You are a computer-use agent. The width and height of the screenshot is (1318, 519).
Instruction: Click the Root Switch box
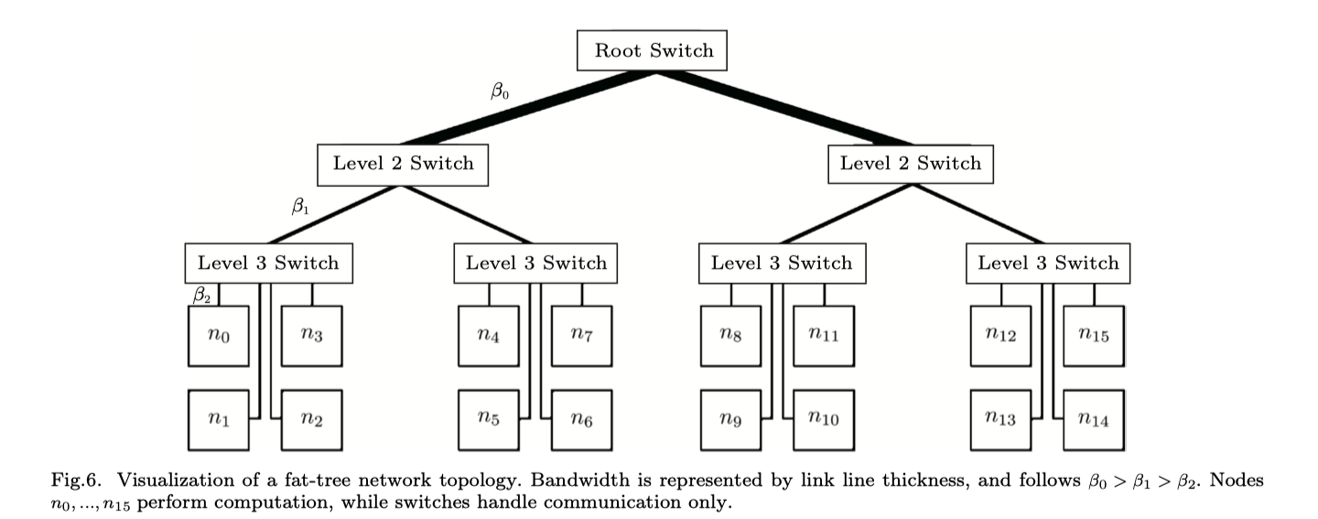pyautogui.click(x=653, y=50)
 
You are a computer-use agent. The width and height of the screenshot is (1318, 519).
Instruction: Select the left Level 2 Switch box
pyautogui.click(x=403, y=165)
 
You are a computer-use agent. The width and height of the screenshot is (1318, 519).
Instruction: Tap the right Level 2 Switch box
pyautogui.click(x=910, y=165)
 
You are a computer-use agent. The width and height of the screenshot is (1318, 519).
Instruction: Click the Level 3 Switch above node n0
pyautogui.click(x=268, y=264)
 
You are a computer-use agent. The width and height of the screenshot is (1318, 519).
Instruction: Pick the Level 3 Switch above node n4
pyautogui.click(x=535, y=264)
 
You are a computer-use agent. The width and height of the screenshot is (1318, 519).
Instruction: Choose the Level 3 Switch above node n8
pyautogui.click(x=781, y=264)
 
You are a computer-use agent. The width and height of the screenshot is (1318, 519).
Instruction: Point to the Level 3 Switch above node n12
pyautogui.click(x=1048, y=264)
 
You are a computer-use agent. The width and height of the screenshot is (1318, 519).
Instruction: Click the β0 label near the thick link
pyautogui.click(x=500, y=91)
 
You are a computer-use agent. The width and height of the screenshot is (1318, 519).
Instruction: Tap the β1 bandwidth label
pyautogui.click(x=300, y=207)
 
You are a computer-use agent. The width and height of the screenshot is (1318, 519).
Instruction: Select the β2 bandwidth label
pyautogui.click(x=201, y=295)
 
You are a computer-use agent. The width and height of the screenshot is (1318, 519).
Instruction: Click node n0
pyautogui.click(x=219, y=336)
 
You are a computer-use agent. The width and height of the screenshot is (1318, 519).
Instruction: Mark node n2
pyautogui.click(x=311, y=420)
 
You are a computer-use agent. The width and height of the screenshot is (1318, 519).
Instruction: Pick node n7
pyautogui.click(x=580, y=336)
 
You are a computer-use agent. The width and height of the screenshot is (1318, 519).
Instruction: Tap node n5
pyautogui.click(x=489, y=420)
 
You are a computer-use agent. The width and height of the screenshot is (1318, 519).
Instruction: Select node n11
pyautogui.click(x=824, y=336)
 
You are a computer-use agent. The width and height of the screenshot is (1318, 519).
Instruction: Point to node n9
pyautogui.click(x=732, y=420)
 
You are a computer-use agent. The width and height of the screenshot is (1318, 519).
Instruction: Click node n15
pyautogui.click(x=1093, y=336)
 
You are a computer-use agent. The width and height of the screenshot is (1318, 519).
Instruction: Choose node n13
pyautogui.click(x=1001, y=420)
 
